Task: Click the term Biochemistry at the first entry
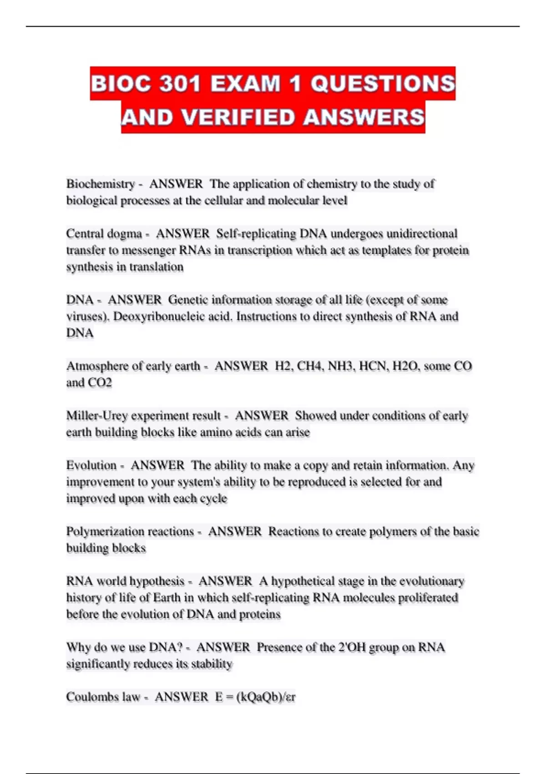(x=101, y=184)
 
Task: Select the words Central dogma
(x=104, y=234)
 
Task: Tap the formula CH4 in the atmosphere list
(x=310, y=366)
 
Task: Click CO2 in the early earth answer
(x=100, y=382)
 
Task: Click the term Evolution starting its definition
(x=91, y=465)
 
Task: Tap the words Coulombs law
(x=103, y=697)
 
